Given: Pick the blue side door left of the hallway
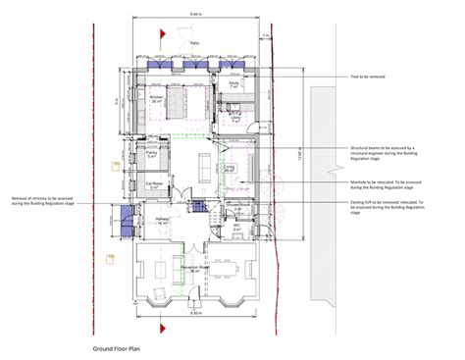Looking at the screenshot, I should (x=126, y=216).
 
